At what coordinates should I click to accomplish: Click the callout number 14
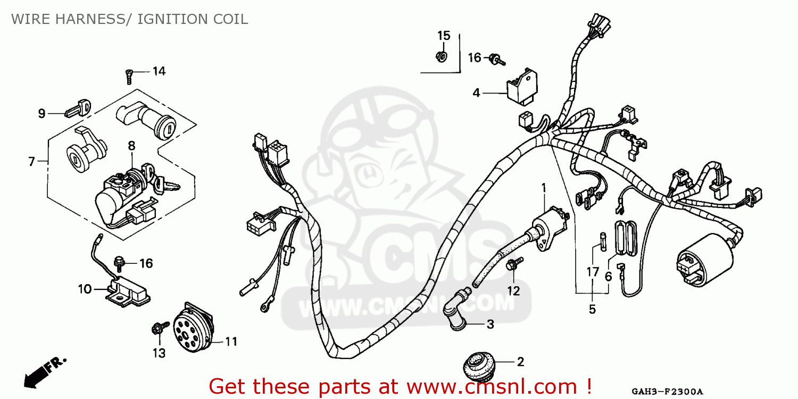coord(159,71)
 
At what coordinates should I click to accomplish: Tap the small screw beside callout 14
coord(129,77)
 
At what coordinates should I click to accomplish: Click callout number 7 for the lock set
coord(32,162)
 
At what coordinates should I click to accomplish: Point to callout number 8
coord(131,146)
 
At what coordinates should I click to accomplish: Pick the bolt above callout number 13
coord(160,328)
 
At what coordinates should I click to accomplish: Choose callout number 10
coord(85,289)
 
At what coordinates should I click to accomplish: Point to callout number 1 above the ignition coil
coord(544,188)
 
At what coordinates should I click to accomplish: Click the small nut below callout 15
coord(442,57)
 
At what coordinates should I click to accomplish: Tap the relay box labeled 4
coord(522,88)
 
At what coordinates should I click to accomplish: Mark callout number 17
coord(593,272)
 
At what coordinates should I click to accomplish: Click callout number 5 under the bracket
coord(592,309)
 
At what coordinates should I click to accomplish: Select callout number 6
coord(608,276)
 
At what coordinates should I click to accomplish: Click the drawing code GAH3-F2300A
coord(667,392)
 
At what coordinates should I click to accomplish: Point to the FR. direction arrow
coord(42,373)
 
